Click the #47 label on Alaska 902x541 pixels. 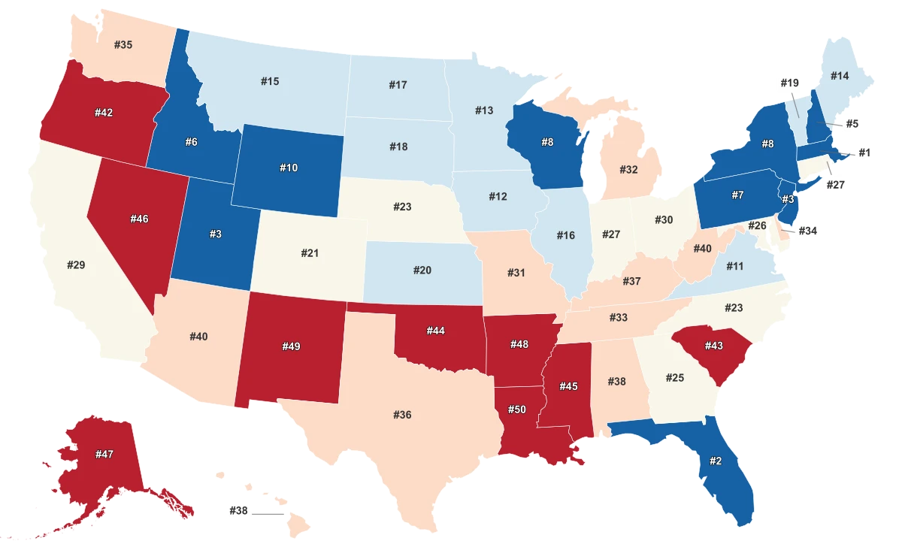coord(104,454)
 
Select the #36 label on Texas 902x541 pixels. coord(402,415)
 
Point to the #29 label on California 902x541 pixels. coord(76,264)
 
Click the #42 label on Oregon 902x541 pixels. coord(104,113)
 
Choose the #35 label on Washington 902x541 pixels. coord(123,45)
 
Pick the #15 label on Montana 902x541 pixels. coord(271,81)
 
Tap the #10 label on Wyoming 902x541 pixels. coord(289,168)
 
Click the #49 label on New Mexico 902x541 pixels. coord(291,346)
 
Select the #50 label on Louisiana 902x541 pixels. coord(516,409)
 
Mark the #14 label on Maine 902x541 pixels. coord(840,76)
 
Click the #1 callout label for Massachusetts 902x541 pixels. coord(864,153)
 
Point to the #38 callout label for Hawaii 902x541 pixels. coord(239,510)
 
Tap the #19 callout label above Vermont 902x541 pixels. coord(788,83)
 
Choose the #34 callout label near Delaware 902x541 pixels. coord(807,231)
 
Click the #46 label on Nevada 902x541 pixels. coord(139,219)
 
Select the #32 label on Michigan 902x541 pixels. coord(628,170)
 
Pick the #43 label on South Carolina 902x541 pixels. coord(713,345)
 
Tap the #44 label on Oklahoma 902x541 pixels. coord(436,331)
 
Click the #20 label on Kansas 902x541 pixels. coord(422,269)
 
